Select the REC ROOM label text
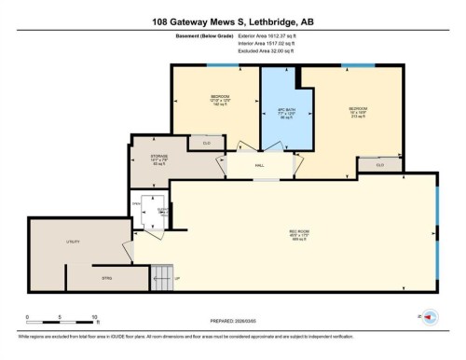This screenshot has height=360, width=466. (298, 233)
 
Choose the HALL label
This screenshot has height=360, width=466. (260, 163)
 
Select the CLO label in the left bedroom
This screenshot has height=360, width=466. (207, 143)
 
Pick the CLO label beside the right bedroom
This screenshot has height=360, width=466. (380, 165)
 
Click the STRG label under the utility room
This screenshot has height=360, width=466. (106, 277)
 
